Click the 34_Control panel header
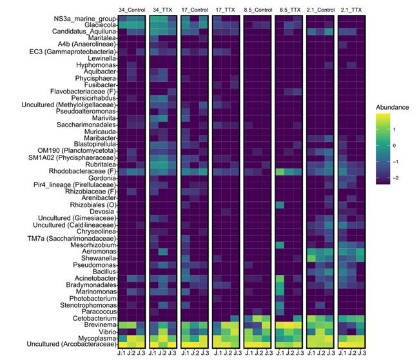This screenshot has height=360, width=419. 132,10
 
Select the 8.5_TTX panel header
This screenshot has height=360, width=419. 290,10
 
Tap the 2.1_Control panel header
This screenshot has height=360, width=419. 320,10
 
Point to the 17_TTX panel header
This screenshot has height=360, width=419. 225,10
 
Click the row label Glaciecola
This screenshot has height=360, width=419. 101,25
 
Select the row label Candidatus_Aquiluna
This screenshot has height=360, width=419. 84,32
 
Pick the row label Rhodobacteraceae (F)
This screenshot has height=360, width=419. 83,171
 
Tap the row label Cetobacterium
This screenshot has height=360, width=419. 95,318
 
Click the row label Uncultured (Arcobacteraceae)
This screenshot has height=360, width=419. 72,344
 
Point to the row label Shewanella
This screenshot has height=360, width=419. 99,258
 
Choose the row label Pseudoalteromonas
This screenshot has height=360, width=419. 86,111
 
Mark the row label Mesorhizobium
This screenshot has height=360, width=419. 93,245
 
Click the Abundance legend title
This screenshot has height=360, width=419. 393,107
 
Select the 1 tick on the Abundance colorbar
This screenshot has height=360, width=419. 394,130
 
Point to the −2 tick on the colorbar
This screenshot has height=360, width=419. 396,178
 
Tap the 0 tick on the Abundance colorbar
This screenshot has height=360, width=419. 394,146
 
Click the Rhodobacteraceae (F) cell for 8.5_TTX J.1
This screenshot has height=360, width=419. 280,172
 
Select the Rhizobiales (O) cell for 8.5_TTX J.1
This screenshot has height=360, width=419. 280,205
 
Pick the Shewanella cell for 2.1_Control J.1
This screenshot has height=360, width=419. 311,258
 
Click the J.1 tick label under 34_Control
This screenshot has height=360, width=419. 122,353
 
